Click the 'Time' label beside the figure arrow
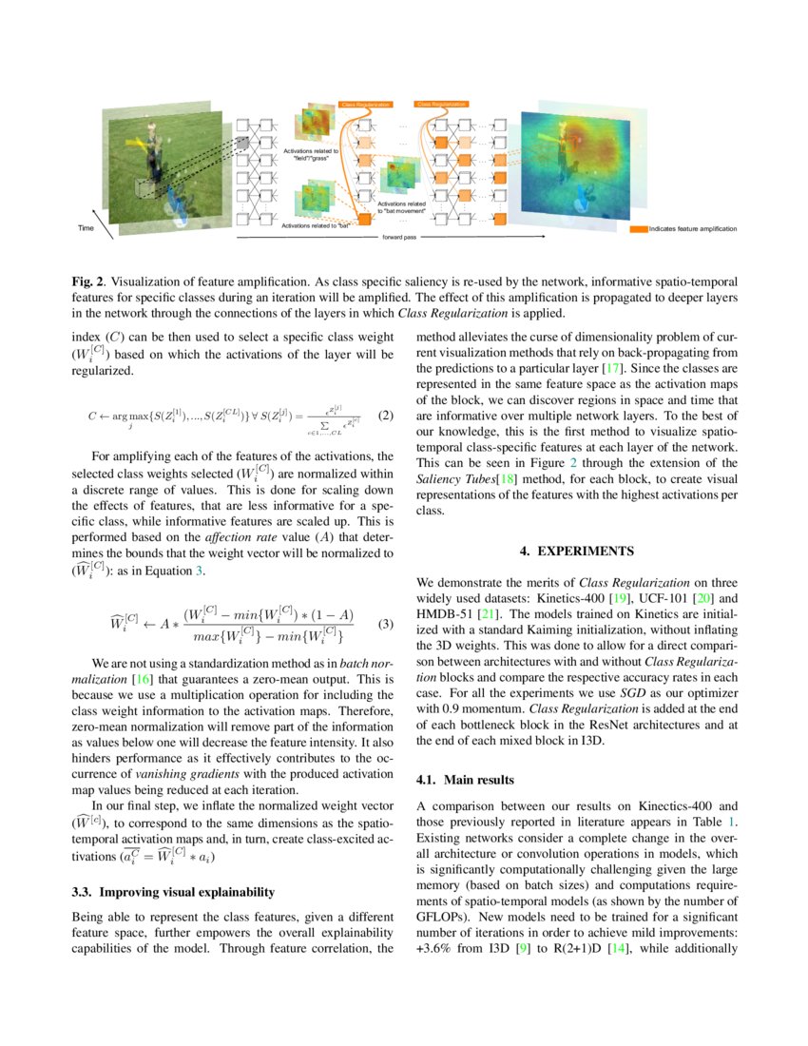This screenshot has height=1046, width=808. tap(86, 228)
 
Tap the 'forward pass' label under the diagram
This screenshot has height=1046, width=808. tap(400, 239)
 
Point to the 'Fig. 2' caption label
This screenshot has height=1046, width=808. tap(90, 282)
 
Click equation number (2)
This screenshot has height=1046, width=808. tap(385, 416)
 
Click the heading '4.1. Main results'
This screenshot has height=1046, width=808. tap(466, 780)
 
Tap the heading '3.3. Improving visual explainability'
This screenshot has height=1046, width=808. tap(173, 892)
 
